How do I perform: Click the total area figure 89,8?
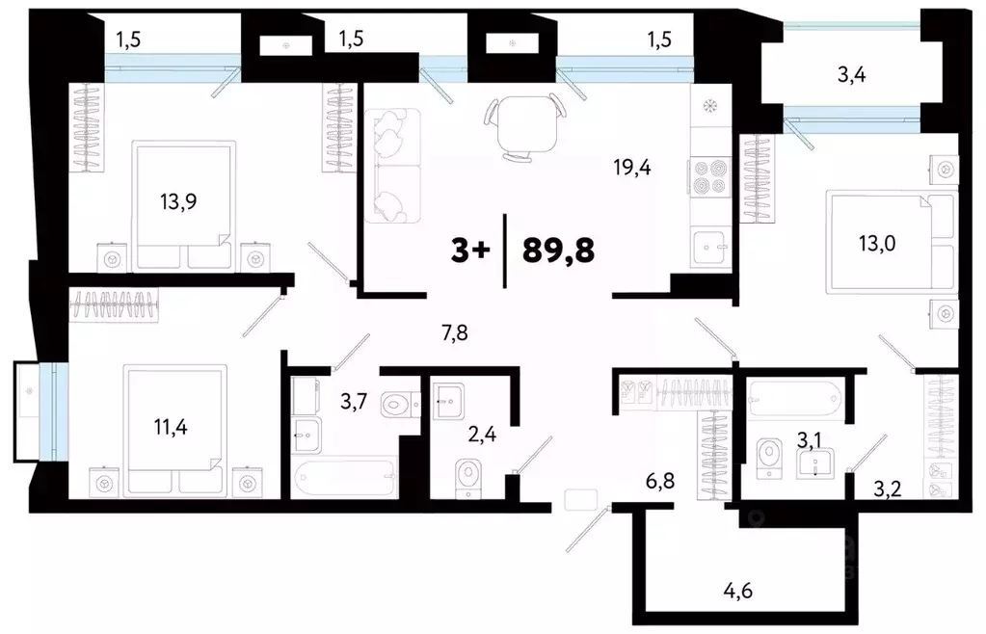[558, 251]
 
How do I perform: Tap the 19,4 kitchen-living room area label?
[632, 167]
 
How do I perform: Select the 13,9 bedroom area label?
[178, 201]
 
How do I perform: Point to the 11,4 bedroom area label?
[171, 427]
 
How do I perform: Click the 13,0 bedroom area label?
[876, 243]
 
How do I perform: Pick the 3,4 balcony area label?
[851, 75]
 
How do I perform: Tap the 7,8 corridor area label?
[455, 332]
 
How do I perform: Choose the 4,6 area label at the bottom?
[737, 592]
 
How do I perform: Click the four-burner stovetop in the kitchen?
[710, 177]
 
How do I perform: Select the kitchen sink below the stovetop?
[710, 248]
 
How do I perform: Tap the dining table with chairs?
[525, 128]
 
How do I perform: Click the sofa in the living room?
[392, 166]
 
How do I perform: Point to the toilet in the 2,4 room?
[468, 478]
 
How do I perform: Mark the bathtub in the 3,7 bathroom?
[345, 479]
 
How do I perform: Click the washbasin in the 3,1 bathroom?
[815, 463]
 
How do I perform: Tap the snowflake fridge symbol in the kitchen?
[710, 106]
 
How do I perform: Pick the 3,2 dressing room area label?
[888, 489]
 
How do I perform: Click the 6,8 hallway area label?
[659, 482]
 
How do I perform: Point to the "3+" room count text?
[469, 251]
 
